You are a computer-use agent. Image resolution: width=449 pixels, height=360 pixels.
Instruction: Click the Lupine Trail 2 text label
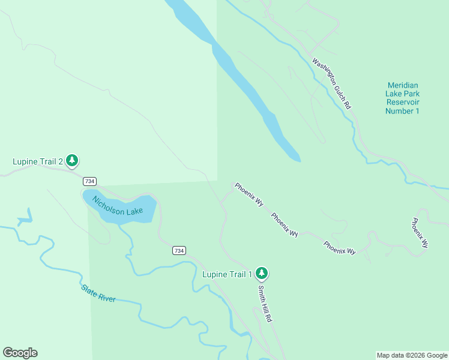click(x=38, y=161)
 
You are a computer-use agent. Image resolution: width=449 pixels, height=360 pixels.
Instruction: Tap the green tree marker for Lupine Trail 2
click(x=72, y=160)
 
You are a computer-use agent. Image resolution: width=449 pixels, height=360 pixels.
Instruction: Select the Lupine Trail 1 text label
click(x=227, y=274)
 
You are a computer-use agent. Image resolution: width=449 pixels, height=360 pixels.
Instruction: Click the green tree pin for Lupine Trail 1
click(x=261, y=274)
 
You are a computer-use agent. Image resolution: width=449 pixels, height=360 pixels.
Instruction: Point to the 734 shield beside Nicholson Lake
click(x=89, y=181)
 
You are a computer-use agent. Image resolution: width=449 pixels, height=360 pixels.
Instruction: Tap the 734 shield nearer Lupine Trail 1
click(x=179, y=250)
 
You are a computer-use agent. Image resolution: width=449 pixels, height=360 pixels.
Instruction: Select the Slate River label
click(x=98, y=293)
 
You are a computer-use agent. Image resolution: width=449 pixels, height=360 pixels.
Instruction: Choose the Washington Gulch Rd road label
click(x=331, y=83)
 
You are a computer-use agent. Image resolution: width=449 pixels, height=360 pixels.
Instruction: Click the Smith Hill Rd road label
click(x=265, y=304)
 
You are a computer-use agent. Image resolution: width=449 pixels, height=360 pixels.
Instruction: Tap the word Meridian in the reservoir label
click(x=402, y=85)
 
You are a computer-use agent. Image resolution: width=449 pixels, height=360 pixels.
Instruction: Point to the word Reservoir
click(x=402, y=103)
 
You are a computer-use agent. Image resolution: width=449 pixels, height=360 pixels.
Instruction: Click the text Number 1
click(x=402, y=111)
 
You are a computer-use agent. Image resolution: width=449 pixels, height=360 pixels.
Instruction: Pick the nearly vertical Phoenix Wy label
click(x=420, y=233)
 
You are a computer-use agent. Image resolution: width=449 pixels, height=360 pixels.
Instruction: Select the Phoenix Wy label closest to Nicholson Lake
click(x=249, y=195)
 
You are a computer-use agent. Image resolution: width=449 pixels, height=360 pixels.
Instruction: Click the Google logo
click(x=20, y=353)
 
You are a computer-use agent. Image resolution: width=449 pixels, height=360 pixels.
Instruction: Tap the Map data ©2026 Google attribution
click(x=412, y=355)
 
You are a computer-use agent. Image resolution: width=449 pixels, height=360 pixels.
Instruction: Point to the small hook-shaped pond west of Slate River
click(x=25, y=219)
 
